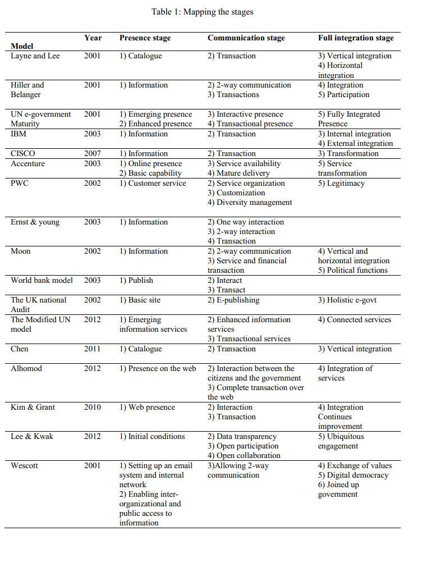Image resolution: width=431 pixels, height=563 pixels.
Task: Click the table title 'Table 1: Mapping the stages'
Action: point(202,12)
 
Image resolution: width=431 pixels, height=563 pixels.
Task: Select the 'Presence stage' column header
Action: point(145,38)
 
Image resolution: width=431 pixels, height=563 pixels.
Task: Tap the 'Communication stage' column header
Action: point(246,38)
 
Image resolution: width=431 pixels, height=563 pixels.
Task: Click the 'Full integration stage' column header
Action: point(356,38)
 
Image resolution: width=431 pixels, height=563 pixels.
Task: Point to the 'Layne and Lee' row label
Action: point(35,56)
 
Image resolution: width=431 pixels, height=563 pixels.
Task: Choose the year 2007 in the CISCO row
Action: point(93,154)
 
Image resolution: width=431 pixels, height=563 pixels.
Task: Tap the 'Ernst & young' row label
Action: point(35,222)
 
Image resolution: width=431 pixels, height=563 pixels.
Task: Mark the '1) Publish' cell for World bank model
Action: point(136,281)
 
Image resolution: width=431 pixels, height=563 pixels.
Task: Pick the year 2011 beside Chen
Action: point(93,349)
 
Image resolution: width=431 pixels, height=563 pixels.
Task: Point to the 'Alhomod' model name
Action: point(26,369)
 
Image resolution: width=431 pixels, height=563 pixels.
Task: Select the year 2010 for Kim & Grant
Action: point(93,408)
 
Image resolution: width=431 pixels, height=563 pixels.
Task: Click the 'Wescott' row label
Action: point(25,466)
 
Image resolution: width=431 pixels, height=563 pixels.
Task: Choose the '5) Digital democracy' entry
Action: point(353,475)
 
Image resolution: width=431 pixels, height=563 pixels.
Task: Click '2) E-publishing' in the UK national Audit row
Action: point(233,300)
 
